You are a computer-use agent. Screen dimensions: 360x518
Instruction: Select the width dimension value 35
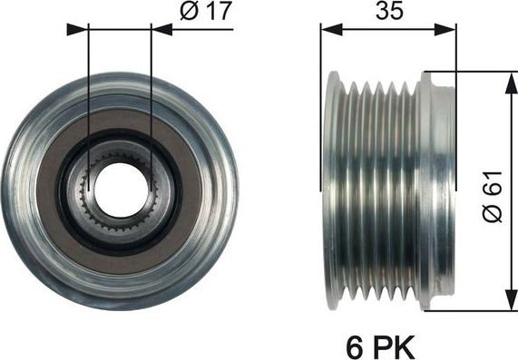388,14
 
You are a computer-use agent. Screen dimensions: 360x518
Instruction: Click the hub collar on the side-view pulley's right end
440,190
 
